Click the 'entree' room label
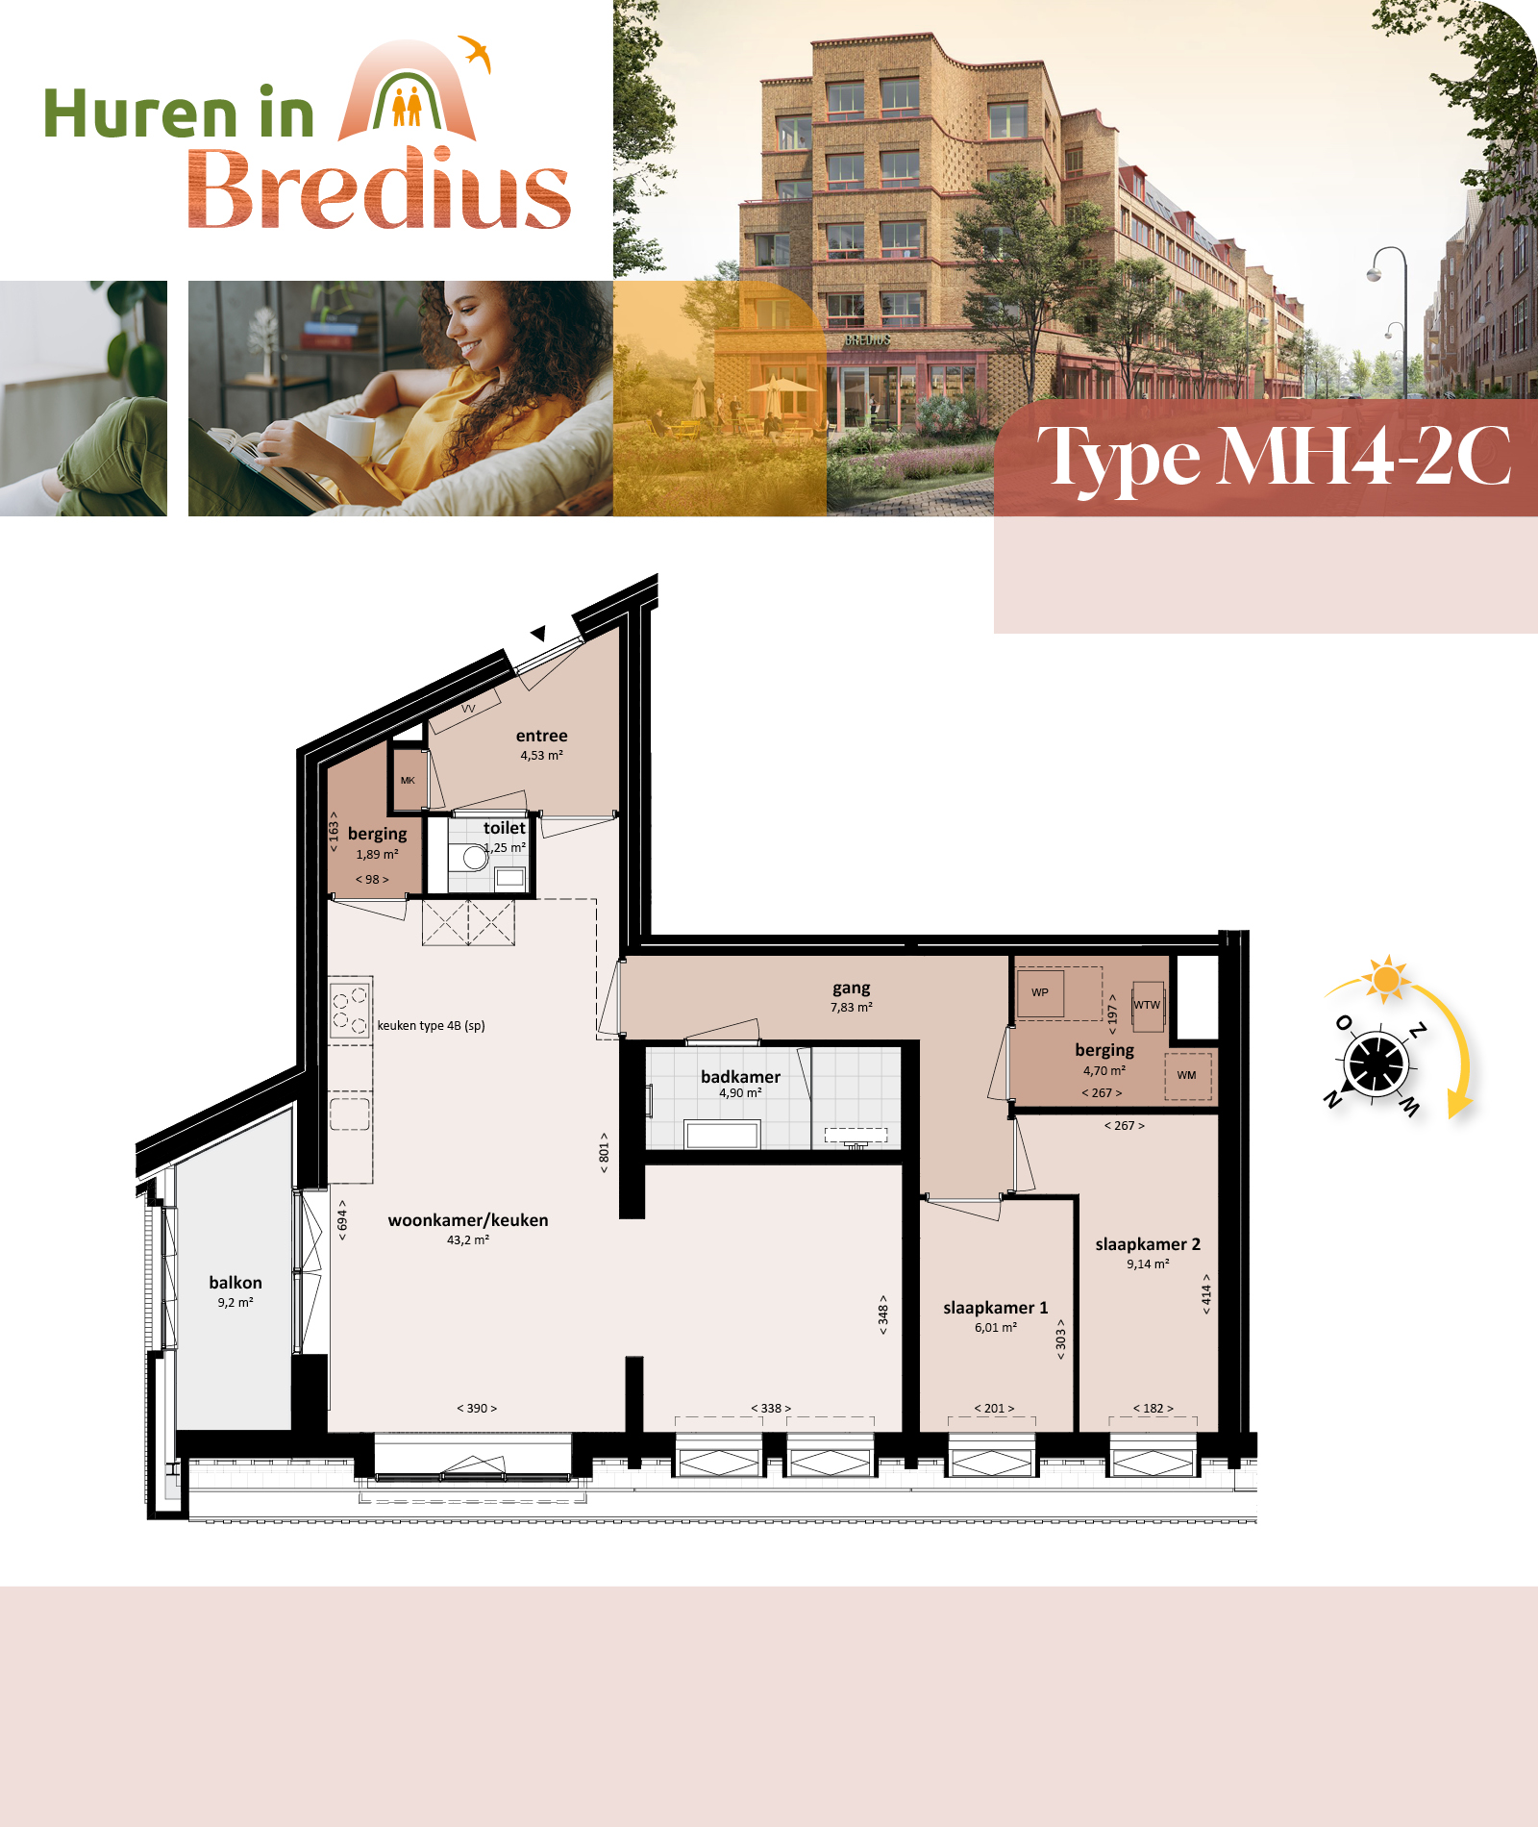[x=541, y=736]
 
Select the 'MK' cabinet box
[x=408, y=780]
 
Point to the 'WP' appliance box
[x=1040, y=992]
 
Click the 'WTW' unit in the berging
[x=1147, y=1006]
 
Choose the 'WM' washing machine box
[x=1187, y=1075]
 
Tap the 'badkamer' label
[x=740, y=1077]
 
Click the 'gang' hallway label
[x=852, y=989]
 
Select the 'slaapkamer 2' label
[x=1148, y=1244]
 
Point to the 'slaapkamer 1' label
[x=996, y=1308]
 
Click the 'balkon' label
[x=236, y=1283]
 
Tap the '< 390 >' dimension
[x=477, y=1408]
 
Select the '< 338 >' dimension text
[x=771, y=1408]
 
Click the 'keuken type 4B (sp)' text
[x=431, y=1026]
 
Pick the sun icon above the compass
[x=1386, y=979]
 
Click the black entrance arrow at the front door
[x=539, y=633]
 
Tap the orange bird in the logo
[x=475, y=53]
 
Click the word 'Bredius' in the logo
[x=380, y=188]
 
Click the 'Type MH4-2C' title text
[x=1274, y=458]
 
